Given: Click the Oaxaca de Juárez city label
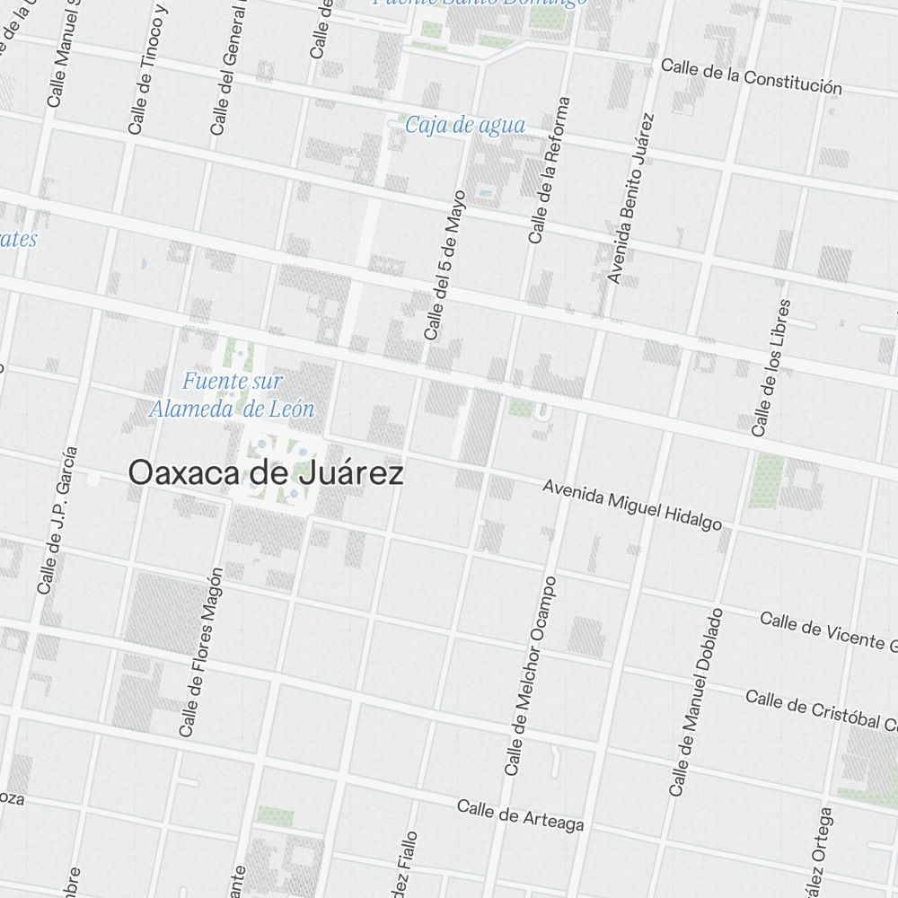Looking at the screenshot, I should click(x=266, y=473).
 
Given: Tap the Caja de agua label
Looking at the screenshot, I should click(x=464, y=125).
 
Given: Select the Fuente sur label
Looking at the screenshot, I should click(x=232, y=382).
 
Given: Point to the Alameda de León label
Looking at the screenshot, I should click(x=232, y=409).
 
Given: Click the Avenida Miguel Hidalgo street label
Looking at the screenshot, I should click(x=632, y=505).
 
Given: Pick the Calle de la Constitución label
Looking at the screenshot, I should click(x=752, y=76).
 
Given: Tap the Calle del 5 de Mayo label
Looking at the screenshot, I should click(x=445, y=265).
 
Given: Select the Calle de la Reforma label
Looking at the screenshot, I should click(x=550, y=171).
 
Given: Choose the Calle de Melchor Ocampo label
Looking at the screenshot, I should click(x=531, y=676).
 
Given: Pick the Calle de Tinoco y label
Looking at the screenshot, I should click(x=148, y=69).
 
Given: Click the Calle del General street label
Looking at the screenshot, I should click(x=230, y=67).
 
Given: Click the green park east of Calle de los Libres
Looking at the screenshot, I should click(x=766, y=480).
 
